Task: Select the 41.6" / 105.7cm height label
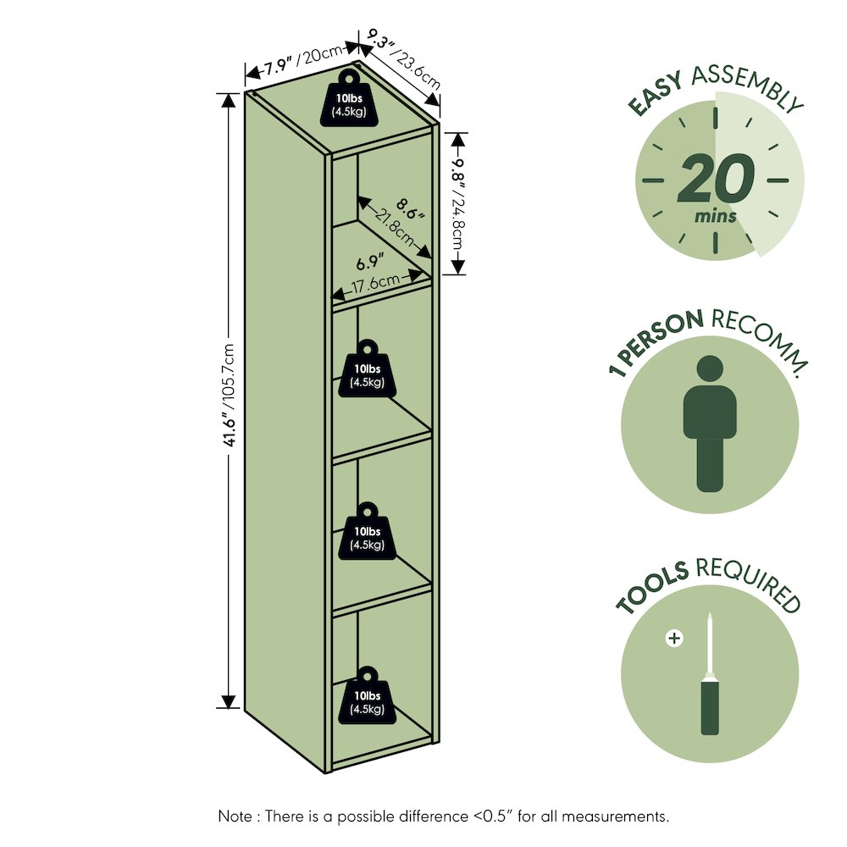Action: (x=230, y=395)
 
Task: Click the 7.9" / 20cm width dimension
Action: (x=302, y=60)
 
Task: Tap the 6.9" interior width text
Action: (x=369, y=263)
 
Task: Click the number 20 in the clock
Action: (x=716, y=178)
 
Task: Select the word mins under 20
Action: (x=715, y=217)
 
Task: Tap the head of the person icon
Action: (x=710, y=368)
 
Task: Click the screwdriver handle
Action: (x=710, y=707)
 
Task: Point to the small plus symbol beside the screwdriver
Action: (x=674, y=639)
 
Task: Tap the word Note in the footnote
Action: (x=235, y=816)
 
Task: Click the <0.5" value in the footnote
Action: (x=492, y=816)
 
